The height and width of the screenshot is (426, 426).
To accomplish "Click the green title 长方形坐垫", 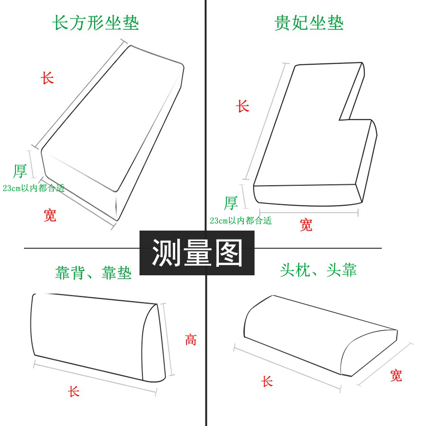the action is [x=96, y=22].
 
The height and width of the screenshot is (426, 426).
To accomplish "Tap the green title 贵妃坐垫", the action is [x=309, y=22].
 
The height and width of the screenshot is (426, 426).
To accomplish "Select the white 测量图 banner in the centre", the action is [x=197, y=253].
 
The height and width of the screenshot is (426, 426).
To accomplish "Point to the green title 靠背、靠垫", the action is [x=94, y=273].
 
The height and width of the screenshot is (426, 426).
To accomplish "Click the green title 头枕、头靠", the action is [x=318, y=270].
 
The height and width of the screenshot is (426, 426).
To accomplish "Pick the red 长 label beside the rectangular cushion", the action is [x=47, y=78].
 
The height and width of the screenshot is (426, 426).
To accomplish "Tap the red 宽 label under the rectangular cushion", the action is [x=50, y=215].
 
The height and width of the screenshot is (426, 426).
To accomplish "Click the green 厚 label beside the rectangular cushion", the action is [x=20, y=171].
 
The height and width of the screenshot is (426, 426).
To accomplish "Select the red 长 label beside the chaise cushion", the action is [x=243, y=105].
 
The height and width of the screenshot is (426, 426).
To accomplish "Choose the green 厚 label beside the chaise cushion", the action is [x=231, y=203].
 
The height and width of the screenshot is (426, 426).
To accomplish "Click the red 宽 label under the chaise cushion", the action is [x=306, y=225].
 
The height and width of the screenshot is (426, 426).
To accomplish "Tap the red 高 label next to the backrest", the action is [x=191, y=340].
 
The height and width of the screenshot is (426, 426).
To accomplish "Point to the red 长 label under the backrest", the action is [x=73, y=391].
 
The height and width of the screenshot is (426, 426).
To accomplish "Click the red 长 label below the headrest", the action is [x=267, y=381].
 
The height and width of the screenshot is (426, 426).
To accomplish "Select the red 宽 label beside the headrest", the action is [x=396, y=375].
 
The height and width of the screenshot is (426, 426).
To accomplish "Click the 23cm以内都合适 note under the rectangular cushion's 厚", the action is [x=34, y=188].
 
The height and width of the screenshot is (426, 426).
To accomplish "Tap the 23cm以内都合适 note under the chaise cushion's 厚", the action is [x=241, y=220].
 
